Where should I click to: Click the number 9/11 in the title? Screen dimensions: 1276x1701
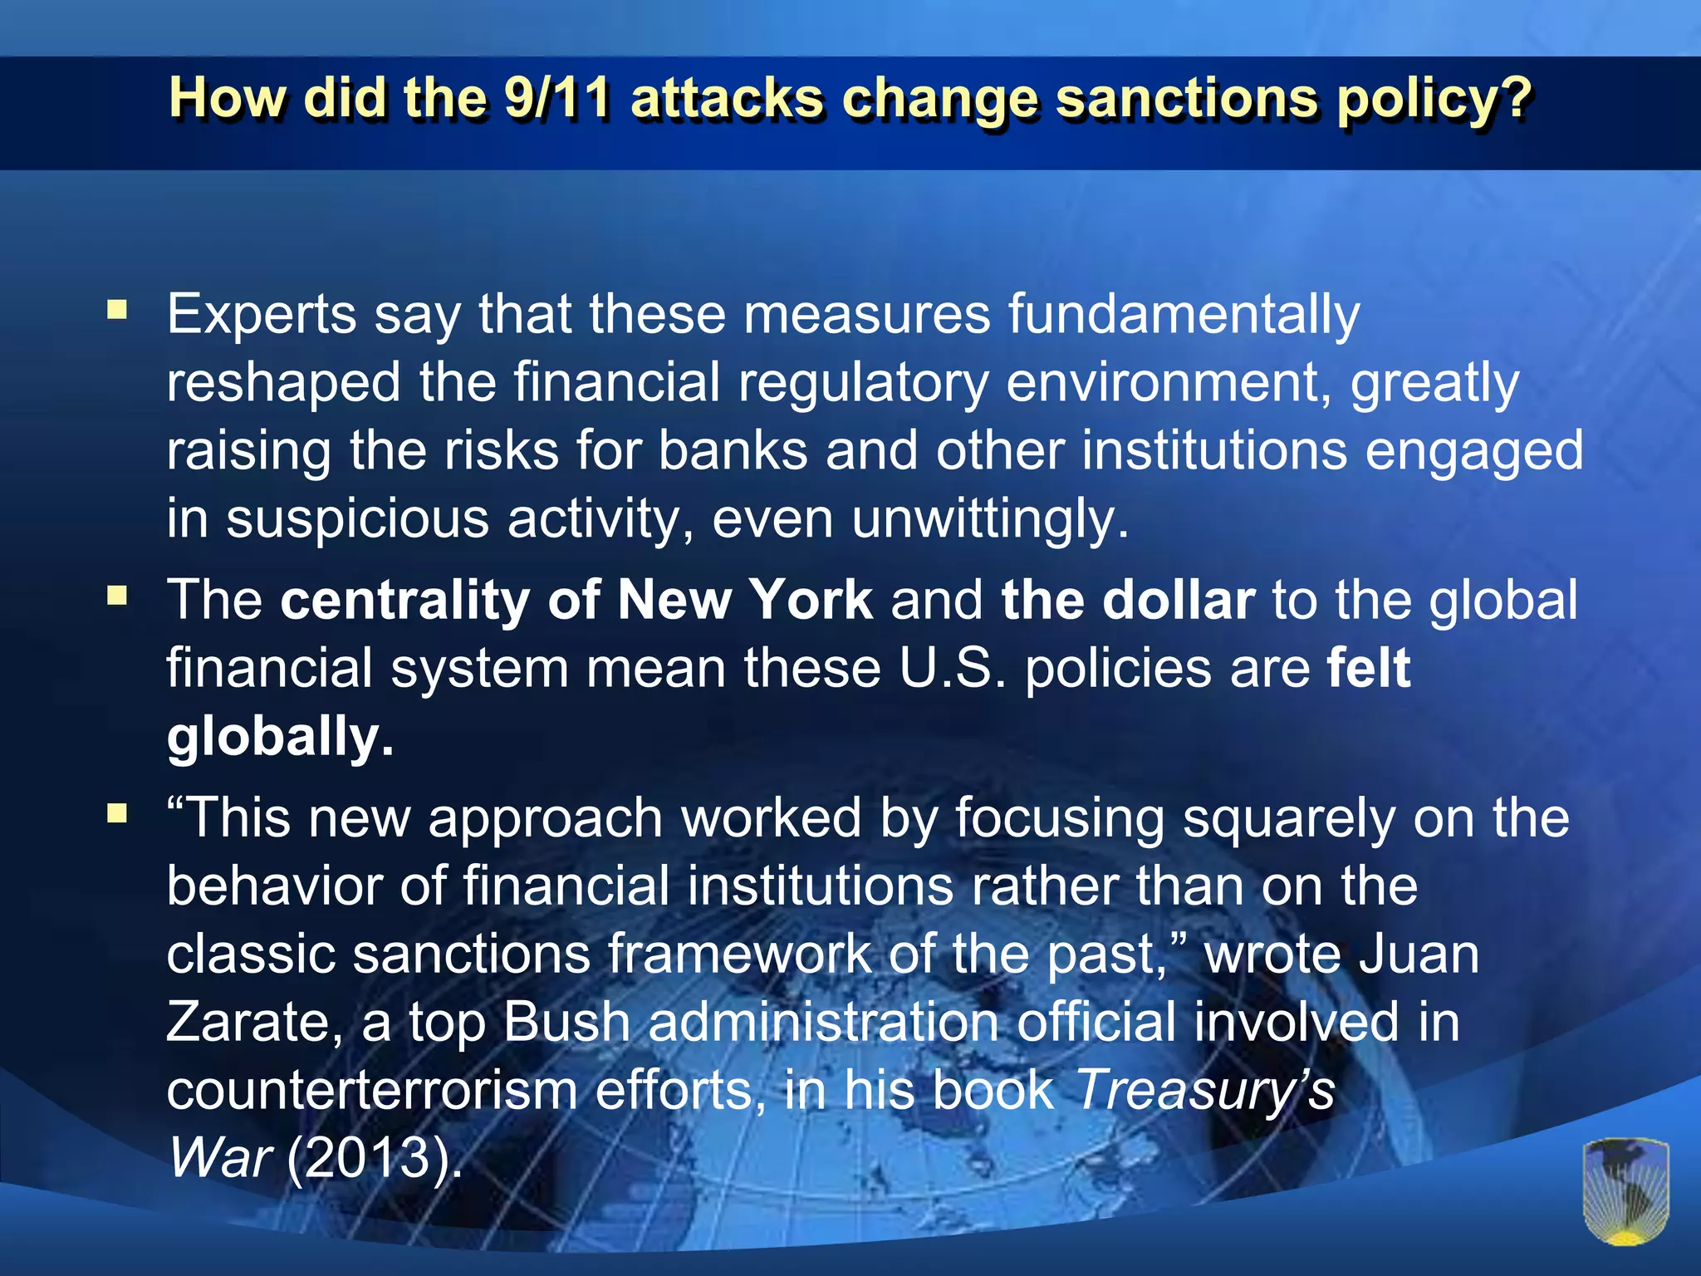[556, 98]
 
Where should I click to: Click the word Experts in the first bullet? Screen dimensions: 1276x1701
[262, 316]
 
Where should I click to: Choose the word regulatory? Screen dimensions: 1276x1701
[863, 384]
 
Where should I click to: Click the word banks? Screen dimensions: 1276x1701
[733, 451]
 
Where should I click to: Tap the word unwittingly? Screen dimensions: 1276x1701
[990, 520]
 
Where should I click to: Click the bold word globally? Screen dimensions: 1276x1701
[280, 738]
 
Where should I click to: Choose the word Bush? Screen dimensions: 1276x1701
[566, 1022]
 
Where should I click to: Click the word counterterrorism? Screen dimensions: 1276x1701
[371, 1090]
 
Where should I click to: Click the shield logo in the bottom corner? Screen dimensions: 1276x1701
[1625, 1190]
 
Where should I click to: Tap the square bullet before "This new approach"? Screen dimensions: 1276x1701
[117, 812]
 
